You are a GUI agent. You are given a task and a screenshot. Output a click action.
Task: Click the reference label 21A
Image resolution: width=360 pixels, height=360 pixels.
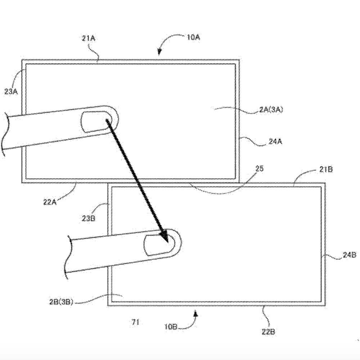[x=89, y=38]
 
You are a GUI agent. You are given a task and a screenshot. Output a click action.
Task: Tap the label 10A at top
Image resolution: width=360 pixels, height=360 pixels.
[x=194, y=37]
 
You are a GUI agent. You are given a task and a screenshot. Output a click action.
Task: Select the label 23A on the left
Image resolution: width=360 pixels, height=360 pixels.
[x=11, y=91]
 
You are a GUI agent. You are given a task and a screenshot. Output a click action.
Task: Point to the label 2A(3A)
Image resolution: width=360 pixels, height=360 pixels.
[x=271, y=109]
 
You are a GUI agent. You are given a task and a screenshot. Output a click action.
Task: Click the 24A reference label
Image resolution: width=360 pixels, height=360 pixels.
[x=275, y=141]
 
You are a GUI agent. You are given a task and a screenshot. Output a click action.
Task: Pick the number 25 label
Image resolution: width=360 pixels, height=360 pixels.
[x=260, y=169]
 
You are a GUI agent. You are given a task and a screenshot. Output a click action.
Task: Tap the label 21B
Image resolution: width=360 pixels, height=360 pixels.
[x=326, y=170]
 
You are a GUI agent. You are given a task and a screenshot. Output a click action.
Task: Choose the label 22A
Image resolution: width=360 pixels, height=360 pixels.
[x=50, y=202]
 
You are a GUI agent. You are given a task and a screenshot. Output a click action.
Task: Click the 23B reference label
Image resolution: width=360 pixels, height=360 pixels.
[x=89, y=219]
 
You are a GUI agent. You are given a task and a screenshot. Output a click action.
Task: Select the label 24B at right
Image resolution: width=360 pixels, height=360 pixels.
[x=350, y=255]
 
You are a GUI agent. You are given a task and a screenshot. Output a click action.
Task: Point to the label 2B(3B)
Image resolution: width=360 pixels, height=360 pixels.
[x=61, y=302]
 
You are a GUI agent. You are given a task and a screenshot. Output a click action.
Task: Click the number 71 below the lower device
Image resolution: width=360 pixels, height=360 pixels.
[x=135, y=322]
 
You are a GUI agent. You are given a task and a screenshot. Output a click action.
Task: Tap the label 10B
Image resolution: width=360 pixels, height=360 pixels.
[x=171, y=327]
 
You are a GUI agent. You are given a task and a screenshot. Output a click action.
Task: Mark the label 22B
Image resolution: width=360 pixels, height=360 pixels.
[x=268, y=332]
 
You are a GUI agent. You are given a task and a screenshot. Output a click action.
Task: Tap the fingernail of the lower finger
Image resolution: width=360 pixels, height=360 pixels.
[x=159, y=245]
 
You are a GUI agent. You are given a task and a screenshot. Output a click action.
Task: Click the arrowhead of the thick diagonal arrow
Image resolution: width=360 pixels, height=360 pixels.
[x=165, y=237]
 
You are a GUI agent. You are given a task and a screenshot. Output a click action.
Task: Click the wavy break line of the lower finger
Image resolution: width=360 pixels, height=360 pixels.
[x=68, y=257]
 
